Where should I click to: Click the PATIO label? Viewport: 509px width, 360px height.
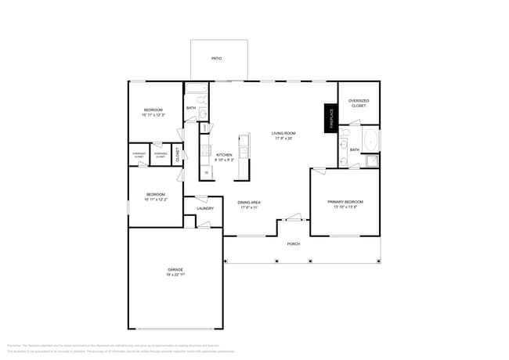click(216, 59)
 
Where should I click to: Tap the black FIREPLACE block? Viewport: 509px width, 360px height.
click(331, 118)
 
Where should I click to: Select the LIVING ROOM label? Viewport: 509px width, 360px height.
click(283, 134)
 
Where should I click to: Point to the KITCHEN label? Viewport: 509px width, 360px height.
click(225, 155)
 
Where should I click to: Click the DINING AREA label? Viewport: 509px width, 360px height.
click(249, 203)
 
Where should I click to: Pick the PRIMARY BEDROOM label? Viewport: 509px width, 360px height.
click(345, 202)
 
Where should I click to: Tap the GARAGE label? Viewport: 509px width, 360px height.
click(175, 270)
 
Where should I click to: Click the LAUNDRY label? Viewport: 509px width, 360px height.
click(205, 208)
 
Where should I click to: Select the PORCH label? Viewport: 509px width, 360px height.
click(294, 243)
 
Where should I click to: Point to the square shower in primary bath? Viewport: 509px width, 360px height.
click(371, 161)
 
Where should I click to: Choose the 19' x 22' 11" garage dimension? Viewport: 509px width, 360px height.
click(175, 275)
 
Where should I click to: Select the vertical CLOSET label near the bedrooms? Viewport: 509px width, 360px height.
click(178, 154)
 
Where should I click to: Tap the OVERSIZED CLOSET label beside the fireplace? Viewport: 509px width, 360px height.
click(359, 103)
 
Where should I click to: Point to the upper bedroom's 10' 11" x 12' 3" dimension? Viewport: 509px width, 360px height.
click(153, 115)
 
